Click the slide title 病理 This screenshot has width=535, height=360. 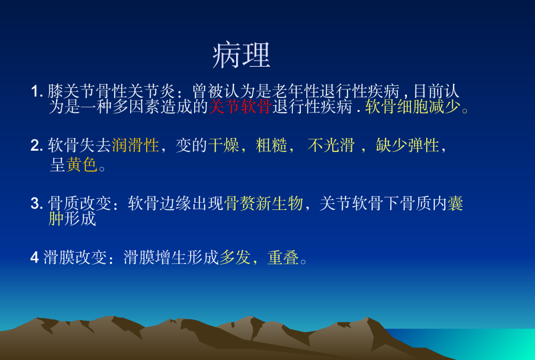241,55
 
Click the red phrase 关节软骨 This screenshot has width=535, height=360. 240,107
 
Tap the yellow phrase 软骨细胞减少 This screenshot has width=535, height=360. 412,107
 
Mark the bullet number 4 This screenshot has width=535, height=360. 35,257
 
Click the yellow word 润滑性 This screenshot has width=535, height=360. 135,145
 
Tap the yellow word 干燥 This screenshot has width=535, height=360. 223,145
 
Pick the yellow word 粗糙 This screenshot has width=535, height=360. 272,145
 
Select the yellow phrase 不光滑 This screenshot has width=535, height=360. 331,145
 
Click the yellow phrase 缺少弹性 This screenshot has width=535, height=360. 408,145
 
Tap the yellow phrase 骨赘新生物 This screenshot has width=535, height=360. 263,203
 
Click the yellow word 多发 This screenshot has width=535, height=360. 235,257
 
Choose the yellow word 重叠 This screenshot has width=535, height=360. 283,257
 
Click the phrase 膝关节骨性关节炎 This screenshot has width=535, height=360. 111,91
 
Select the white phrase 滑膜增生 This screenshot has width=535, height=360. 155,257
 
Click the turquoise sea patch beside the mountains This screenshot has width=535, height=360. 478,344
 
